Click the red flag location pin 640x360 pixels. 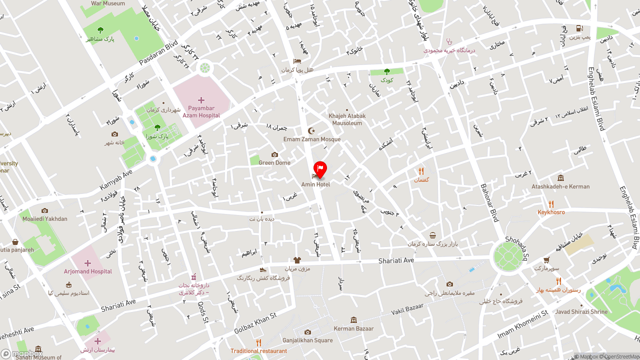coord(320,168)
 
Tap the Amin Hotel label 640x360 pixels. coord(315,184)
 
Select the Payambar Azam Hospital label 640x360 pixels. coord(201,112)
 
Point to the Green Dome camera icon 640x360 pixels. coord(274,154)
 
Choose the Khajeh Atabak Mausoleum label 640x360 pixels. coord(347,119)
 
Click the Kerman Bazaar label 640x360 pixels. coord(354,328)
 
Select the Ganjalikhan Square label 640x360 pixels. coord(307,340)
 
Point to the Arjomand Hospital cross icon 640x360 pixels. coord(87,263)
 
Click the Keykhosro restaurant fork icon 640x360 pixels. coord(551,204)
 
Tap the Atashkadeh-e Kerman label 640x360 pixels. coord(560,186)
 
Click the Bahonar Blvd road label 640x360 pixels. coord(490,202)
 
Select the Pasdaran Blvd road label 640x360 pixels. coord(158,52)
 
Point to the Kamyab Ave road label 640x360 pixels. coord(116,179)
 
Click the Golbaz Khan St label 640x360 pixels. coord(255,323)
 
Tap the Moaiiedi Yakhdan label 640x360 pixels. coord(44,218)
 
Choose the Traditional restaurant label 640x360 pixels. coord(258,351)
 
